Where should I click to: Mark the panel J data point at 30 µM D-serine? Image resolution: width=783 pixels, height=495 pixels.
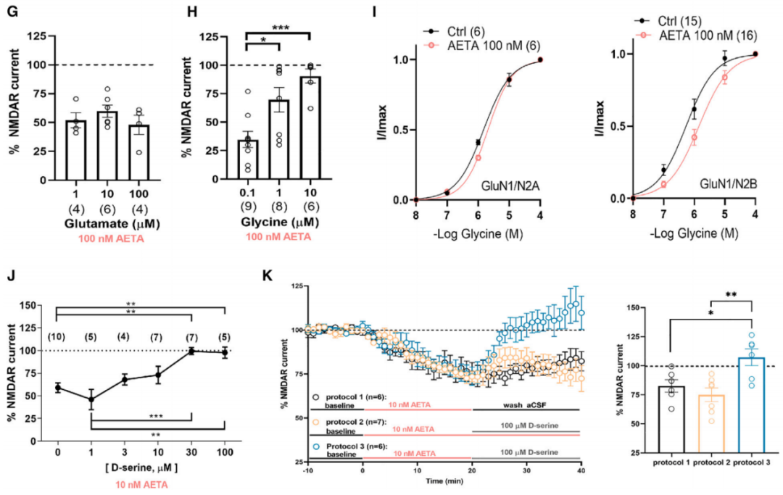pos(191,351)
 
